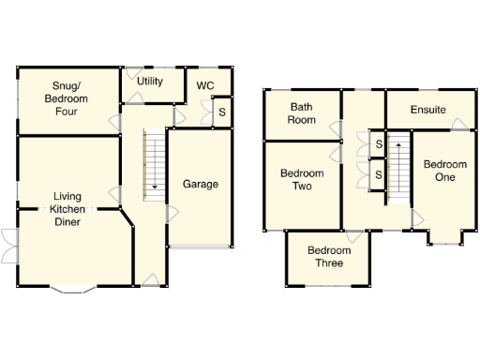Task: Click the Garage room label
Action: point(200,184)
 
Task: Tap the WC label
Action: point(205,85)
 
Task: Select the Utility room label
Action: point(150,82)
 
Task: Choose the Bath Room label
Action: point(301,113)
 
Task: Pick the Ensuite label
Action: point(428,111)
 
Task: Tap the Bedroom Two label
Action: point(302,179)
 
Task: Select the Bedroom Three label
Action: point(329,256)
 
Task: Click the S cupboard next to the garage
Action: point(221,112)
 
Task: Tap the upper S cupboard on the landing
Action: point(378,143)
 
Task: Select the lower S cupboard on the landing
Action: point(378,175)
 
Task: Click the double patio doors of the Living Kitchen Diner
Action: point(7,247)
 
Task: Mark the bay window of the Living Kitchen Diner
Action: point(71,289)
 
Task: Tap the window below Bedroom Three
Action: point(328,284)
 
